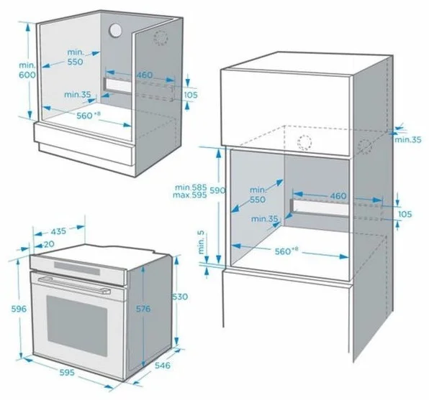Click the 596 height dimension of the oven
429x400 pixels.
click(x=19, y=309)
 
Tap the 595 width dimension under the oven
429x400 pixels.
click(x=67, y=372)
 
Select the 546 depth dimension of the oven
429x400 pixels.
click(x=163, y=365)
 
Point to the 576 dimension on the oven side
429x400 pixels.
click(x=143, y=309)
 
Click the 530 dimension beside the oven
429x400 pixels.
click(x=180, y=297)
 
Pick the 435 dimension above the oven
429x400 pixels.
click(x=58, y=231)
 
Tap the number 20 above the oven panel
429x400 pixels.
click(x=49, y=244)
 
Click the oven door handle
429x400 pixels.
click(x=74, y=285)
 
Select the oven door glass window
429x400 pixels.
click(x=77, y=325)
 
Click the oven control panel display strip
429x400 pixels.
click(x=77, y=268)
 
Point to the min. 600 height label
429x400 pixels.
click(x=27, y=70)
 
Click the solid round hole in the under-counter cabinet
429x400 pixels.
click(x=115, y=29)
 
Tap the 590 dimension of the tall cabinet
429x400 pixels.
click(x=217, y=190)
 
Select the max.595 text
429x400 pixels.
click(x=190, y=195)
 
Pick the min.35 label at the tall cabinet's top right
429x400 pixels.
click(x=408, y=140)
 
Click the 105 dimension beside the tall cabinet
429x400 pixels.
click(x=405, y=214)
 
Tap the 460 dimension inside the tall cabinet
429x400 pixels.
click(x=338, y=196)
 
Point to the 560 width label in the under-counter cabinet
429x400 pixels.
click(x=84, y=116)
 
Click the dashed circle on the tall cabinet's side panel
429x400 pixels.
click(x=365, y=146)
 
